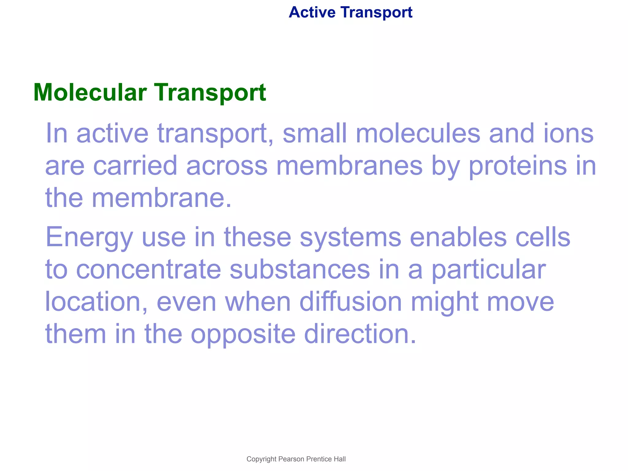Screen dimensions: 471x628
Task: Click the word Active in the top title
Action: [312, 13]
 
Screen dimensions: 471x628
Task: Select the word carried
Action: [135, 166]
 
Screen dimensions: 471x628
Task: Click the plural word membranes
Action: [349, 166]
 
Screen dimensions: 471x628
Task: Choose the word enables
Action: [458, 237]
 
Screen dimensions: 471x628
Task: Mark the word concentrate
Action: [148, 270]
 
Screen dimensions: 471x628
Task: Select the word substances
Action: [300, 270]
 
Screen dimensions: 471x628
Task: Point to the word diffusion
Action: [350, 302]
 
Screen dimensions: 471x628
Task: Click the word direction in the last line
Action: [360, 334]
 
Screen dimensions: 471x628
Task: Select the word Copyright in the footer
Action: [261, 459]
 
